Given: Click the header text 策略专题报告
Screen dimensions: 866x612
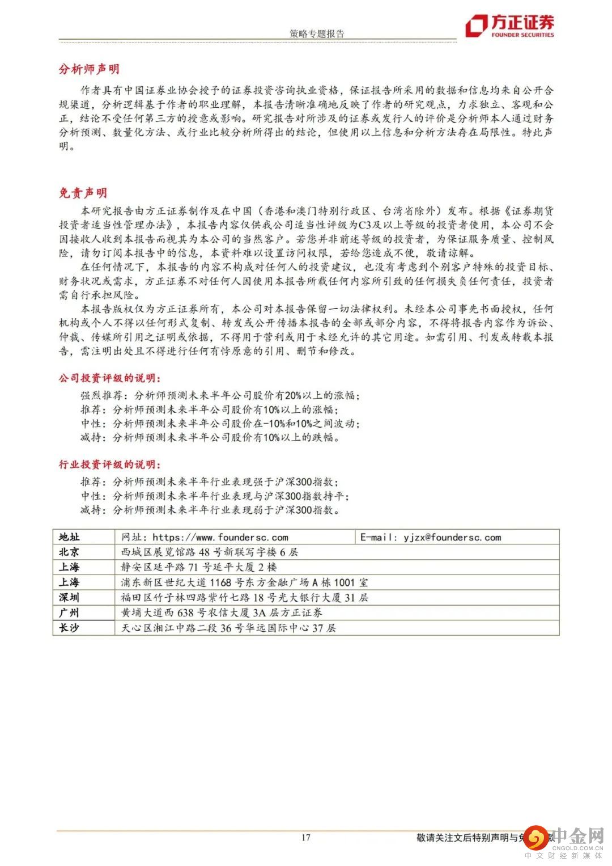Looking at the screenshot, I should [317, 33].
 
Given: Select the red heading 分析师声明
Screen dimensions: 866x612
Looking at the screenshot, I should [89, 69].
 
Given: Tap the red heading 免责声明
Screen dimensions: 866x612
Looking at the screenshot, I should [83, 193].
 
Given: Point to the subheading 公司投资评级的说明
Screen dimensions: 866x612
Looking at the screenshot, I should [109, 378].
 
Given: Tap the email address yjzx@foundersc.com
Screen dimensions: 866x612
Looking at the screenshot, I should [452, 537].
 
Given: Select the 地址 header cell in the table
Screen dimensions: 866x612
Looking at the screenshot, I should [69, 537].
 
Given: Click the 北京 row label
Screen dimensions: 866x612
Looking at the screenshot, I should [69, 552].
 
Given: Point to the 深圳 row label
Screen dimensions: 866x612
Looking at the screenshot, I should [69, 597].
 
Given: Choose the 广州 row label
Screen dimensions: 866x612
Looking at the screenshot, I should [69, 612].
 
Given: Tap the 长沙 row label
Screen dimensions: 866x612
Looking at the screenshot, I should [69, 628].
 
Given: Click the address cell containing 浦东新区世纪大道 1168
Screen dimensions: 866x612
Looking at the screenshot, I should [244, 582].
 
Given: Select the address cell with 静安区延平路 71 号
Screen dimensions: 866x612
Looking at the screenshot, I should [199, 567].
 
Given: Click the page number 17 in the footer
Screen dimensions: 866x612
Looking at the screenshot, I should [306, 838].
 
